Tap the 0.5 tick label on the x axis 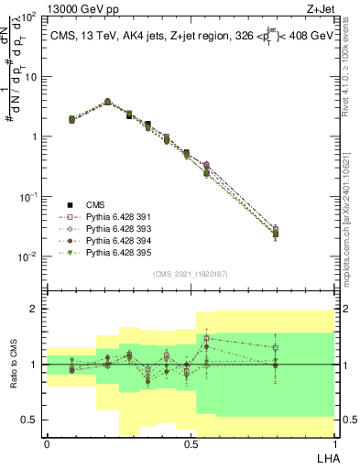pyautogui.click(x=190, y=442)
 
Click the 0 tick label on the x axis pyautogui.click(x=47, y=442)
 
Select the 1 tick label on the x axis pyautogui.click(x=333, y=442)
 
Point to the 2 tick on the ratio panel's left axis pyautogui.click(x=37, y=309)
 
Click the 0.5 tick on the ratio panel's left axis pyautogui.click(x=31, y=420)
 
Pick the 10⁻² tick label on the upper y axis pyautogui.click(x=30, y=256)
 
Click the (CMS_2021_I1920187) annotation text pyautogui.click(x=190, y=273)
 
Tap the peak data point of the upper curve pyautogui.click(x=107, y=102)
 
